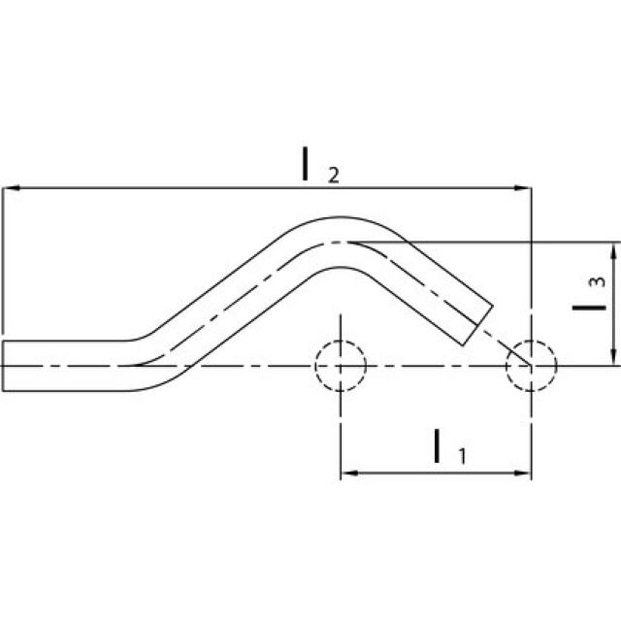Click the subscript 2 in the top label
(333, 175)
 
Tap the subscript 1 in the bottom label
(462, 456)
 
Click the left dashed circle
(340, 366)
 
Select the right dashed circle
(532, 366)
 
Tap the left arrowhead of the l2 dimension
(10, 187)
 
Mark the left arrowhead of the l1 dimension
(348, 474)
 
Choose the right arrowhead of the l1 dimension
(524, 474)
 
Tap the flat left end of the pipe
(3, 366)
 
